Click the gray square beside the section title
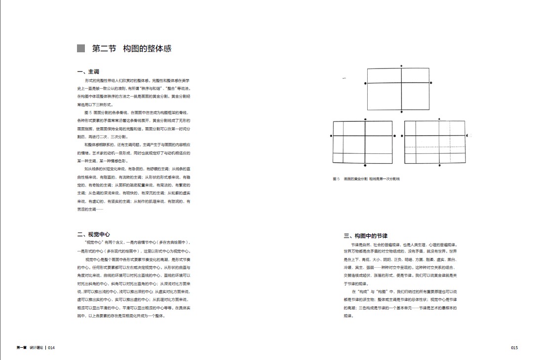81,48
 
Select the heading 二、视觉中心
93,234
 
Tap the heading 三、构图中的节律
365,236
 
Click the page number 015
514,348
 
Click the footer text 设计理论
36,348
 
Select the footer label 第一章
21,348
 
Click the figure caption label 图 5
336,179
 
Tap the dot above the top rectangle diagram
401,66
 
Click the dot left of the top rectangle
365,83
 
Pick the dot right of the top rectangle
431,83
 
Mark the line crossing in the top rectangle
401,83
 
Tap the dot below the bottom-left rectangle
365,166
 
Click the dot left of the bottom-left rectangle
331,136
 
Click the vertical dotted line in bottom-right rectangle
451,148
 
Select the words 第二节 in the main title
104,48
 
